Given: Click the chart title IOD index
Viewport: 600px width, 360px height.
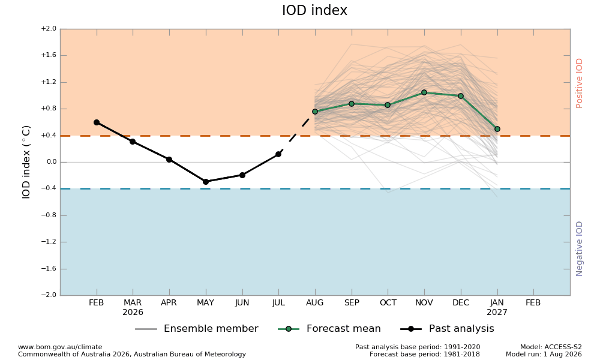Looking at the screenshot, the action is tap(314, 10).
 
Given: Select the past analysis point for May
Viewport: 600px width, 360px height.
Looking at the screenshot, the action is tap(206, 182).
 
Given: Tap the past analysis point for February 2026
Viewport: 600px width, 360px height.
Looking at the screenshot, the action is tap(97, 122).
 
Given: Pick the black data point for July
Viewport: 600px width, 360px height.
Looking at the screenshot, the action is tap(278, 154).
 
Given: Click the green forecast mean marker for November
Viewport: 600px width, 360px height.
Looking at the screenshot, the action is tap(424, 92).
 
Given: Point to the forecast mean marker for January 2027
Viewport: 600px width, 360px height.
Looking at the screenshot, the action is tap(497, 130).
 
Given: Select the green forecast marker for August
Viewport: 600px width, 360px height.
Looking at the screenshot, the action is tap(315, 112).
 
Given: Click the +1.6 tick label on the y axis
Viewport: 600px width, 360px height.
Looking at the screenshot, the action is tap(49, 55).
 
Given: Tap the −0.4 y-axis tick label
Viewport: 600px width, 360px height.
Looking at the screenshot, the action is tap(49, 188).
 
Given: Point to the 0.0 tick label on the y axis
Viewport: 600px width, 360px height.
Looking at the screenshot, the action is tap(51, 162).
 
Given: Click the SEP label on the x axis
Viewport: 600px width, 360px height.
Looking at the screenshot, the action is tap(352, 302).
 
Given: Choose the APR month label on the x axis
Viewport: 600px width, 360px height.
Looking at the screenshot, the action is tap(169, 302).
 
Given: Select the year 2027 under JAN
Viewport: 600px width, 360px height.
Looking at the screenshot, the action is tap(497, 313).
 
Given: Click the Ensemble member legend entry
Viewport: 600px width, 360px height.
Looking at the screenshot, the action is tap(197, 329).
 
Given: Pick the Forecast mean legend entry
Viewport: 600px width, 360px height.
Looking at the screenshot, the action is tap(329, 329).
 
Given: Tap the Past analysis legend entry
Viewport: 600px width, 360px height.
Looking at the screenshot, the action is tap(448, 329).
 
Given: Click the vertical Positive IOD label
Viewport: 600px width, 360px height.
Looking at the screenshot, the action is tap(579, 83).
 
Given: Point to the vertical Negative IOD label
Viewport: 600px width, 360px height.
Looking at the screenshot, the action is tap(579, 248).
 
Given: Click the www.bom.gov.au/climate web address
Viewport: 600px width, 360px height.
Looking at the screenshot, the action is tap(60, 347).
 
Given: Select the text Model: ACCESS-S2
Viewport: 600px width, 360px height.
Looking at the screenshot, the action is tap(551, 347).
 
